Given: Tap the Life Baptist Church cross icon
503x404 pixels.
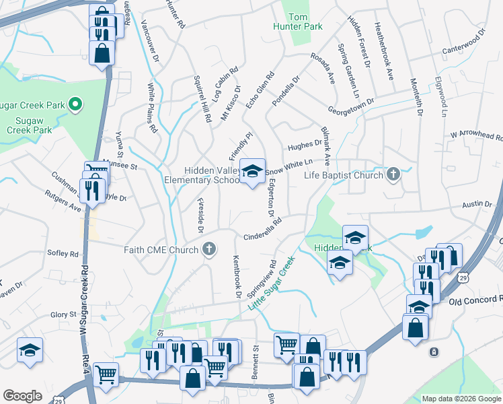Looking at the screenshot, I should [393, 175].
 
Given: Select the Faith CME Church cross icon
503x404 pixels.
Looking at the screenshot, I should [209, 250].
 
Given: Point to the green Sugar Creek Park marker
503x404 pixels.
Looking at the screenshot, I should [75, 105].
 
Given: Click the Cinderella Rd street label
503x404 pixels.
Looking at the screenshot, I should [261, 228].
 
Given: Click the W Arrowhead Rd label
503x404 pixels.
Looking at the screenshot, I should [476, 134].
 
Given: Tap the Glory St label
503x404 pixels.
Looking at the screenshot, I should [63, 314].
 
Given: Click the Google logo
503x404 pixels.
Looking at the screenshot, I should [22, 396].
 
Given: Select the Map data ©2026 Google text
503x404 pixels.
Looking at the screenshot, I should [461, 399].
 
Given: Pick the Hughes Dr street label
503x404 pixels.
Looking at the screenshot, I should [305, 145].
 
